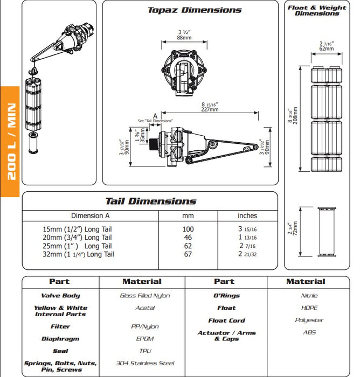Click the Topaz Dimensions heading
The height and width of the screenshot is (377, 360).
pos(195,10)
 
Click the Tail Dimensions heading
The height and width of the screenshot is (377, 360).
pos(150,201)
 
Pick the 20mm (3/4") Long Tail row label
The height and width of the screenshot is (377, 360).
pos(78,238)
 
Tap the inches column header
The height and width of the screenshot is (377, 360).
pos(247,216)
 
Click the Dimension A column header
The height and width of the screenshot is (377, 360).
pos(90,216)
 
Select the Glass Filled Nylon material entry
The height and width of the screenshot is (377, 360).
pos(145,296)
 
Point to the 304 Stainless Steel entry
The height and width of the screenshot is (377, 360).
pos(145,364)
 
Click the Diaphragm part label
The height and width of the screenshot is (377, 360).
pos(60,339)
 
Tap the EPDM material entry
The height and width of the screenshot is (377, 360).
pos(145,339)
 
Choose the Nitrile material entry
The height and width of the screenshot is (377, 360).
pos(309,296)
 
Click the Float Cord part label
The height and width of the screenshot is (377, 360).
pos(226,320)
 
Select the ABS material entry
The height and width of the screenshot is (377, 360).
pos(309,333)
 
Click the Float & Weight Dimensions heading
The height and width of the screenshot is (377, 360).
pos(317,11)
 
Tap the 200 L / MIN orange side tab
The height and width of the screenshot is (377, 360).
pos(10,141)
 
